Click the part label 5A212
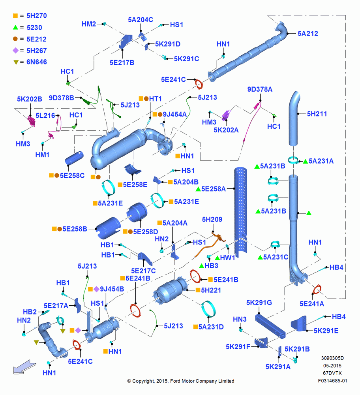tap(307, 34)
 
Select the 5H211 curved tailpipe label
tap(317, 114)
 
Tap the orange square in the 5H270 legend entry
tap(15, 16)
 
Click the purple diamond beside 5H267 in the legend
tap(16, 51)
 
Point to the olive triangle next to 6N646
tap(16, 62)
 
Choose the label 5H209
tap(212, 219)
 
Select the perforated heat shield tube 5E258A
tap(241, 212)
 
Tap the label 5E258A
tap(214, 189)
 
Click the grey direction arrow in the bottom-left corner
tap(24, 367)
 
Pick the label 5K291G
tap(259, 303)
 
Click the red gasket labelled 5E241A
tap(317, 290)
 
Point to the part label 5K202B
tap(30, 99)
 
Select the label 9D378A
tap(260, 89)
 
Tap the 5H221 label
tap(211, 290)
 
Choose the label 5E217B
tap(122, 62)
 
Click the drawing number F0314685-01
tap(332, 381)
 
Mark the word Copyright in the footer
tap(143, 381)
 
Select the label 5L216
tap(45, 116)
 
